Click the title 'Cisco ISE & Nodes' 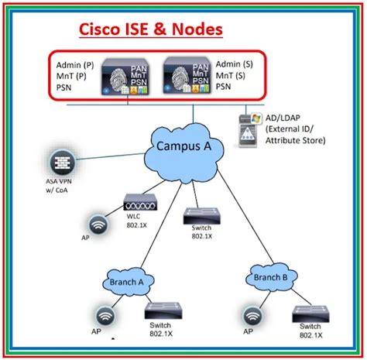(x=151, y=29)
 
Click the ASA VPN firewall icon (x=59, y=164)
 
